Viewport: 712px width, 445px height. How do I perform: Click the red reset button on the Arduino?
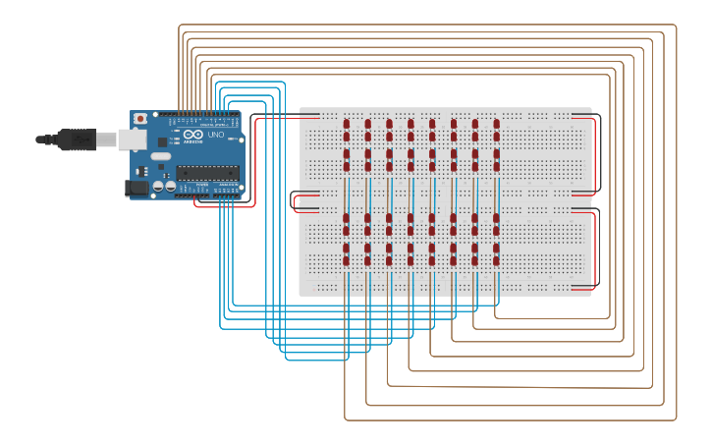(x=140, y=119)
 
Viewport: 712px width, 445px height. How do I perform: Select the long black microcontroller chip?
(x=207, y=173)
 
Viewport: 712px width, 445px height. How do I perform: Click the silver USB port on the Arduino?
(x=132, y=139)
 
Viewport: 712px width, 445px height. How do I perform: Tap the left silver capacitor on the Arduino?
(x=157, y=186)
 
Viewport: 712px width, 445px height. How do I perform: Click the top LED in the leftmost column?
(x=347, y=125)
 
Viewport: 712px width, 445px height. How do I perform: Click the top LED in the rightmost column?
(x=497, y=125)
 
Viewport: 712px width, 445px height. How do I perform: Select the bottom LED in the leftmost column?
(x=347, y=260)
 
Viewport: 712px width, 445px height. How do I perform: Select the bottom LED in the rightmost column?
(x=497, y=260)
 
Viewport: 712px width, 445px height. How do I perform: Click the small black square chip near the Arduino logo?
(x=162, y=142)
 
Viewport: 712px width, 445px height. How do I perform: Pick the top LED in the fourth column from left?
(x=411, y=125)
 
